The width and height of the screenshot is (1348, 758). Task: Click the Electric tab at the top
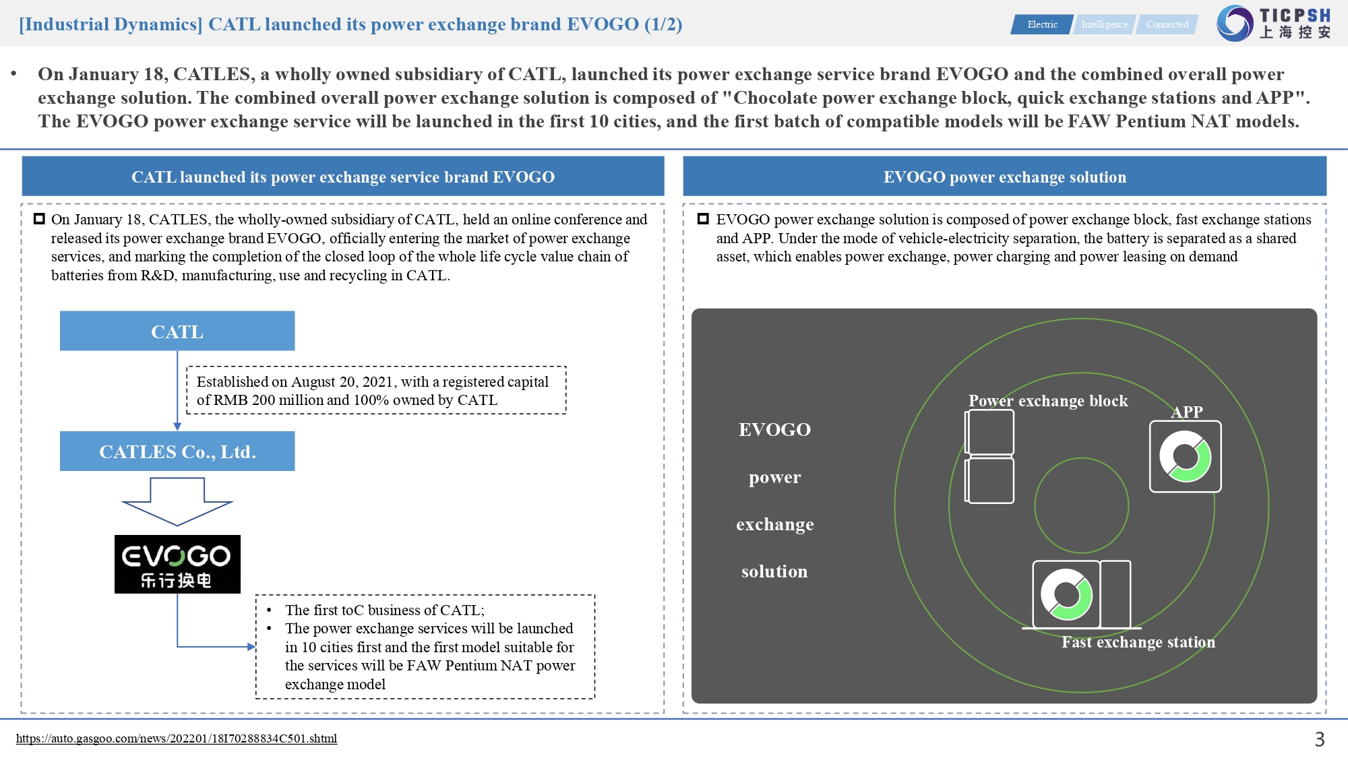[1042, 25]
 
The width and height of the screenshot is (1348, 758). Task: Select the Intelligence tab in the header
[1104, 25]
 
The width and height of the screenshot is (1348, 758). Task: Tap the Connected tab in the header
[1167, 25]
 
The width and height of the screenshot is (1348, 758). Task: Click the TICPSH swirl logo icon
[1234, 24]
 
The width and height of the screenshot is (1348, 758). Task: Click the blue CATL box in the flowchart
[177, 331]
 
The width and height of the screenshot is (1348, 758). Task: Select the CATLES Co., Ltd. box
[177, 451]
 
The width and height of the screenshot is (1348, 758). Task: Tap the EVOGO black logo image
[177, 564]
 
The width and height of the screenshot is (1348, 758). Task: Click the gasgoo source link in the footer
[177, 738]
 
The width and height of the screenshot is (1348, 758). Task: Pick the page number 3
[1319, 739]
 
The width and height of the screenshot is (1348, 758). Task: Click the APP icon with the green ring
[1185, 457]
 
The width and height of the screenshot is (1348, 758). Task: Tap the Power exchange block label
[1047, 401]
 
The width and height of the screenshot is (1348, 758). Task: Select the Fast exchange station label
[1138, 642]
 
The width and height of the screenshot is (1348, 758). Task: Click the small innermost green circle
[1081, 505]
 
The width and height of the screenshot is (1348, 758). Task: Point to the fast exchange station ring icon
[1066, 594]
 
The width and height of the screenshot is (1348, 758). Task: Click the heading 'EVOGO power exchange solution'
[1004, 177]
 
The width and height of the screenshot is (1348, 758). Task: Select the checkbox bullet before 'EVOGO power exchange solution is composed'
[703, 219]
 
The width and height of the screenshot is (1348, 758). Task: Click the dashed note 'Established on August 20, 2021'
[376, 391]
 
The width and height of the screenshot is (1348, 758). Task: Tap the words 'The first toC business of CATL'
[384, 610]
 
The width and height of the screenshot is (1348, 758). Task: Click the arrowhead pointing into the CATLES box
[177, 427]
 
